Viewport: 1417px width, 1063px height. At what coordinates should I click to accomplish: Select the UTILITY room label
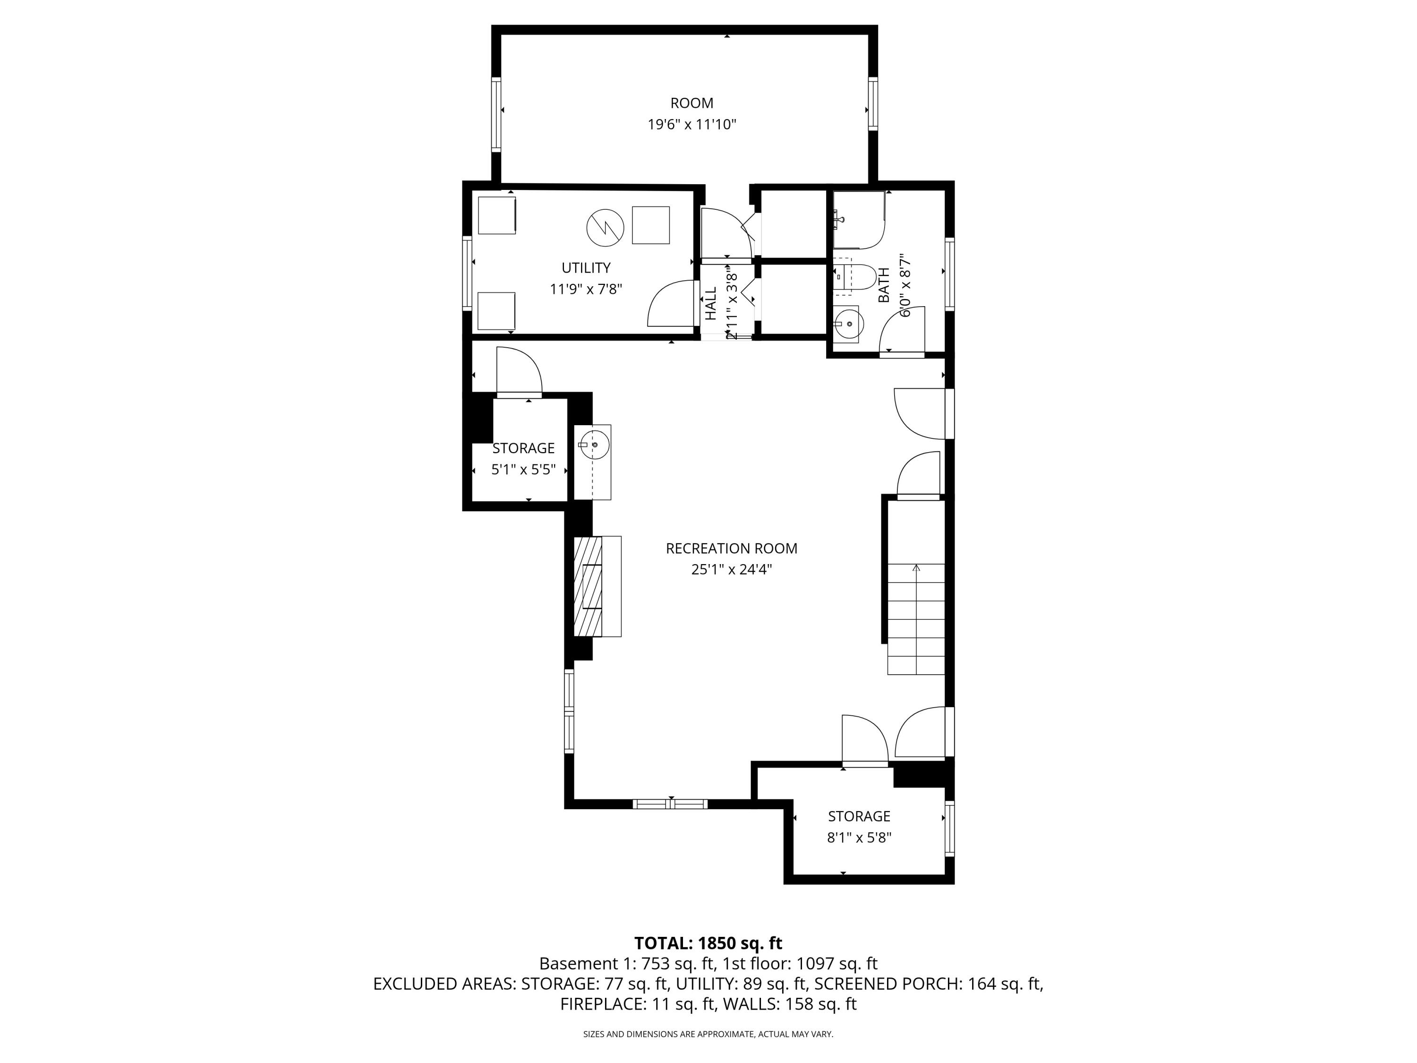[x=586, y=268]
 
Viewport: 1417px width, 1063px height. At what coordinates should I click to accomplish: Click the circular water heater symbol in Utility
[x=605, y=227]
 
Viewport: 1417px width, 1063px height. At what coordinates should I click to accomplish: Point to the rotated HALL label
[x=711, y=304]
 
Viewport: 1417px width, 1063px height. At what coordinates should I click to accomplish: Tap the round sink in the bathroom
[x=849, y=324]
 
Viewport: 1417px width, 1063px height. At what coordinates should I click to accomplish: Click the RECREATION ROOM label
[x=731, y=549]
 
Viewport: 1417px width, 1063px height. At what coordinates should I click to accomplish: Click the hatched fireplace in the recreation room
[x=589, y=586]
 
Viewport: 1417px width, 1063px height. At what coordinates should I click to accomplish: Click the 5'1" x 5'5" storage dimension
[x=523, y=470]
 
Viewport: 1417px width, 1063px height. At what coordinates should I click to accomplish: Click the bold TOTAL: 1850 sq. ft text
[x=708, y=943]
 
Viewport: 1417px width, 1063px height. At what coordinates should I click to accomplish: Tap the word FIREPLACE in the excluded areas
[x=602, y=1004]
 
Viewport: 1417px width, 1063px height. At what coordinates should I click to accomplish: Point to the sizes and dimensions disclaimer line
[x=708, y=1034]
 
